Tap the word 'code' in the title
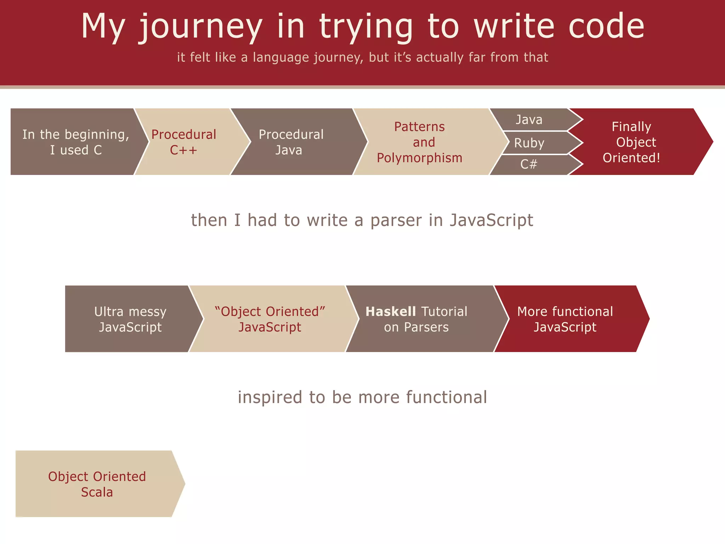pos(606,26)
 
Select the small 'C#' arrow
pos(529,164)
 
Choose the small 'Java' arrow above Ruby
pos(529,120)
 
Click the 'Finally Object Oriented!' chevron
pos(632,142)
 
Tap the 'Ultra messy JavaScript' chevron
pos(130,319)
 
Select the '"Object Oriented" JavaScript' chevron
pos(270,319)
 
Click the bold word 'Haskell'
pos(390,312)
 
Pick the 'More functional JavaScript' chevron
pos(565,319)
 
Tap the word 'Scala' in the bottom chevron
pos(97,492)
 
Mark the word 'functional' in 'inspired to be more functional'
pos(446,397)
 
